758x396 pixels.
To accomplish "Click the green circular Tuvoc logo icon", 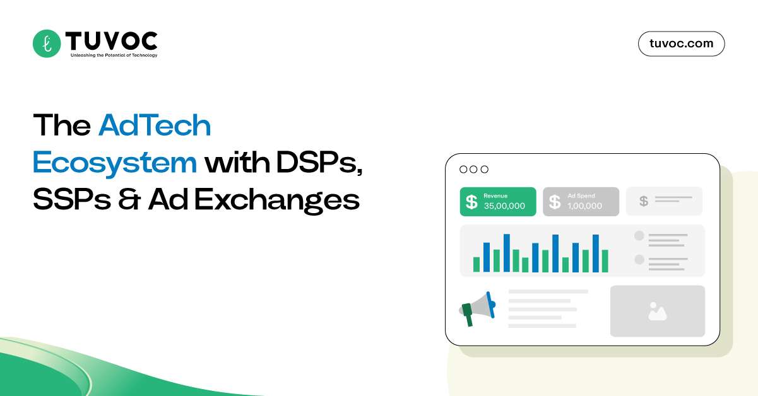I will [x=47, y=44].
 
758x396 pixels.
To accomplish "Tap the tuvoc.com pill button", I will [x=681, y=44].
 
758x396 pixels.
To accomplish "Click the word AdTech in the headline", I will [x=155, y=126].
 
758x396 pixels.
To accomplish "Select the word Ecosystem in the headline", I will [x=115, y=163].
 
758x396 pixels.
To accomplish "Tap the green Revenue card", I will [x=498, y=201].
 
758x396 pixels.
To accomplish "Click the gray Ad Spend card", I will [x=581, y=201].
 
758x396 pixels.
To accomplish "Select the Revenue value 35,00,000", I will [x=504, y=206].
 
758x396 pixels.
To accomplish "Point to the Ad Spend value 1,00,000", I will [x=584, y=206].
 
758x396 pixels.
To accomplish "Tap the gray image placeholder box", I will [x=657, y=311].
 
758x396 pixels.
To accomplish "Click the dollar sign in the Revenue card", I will [x=471, y=202].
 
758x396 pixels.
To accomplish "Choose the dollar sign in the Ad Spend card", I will [x=555, y=202].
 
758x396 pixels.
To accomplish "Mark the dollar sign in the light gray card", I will [x=643, y=201].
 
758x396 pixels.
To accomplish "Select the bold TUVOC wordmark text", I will [x=110, y=41].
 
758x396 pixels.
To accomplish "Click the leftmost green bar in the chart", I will [x=477, y=264].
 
